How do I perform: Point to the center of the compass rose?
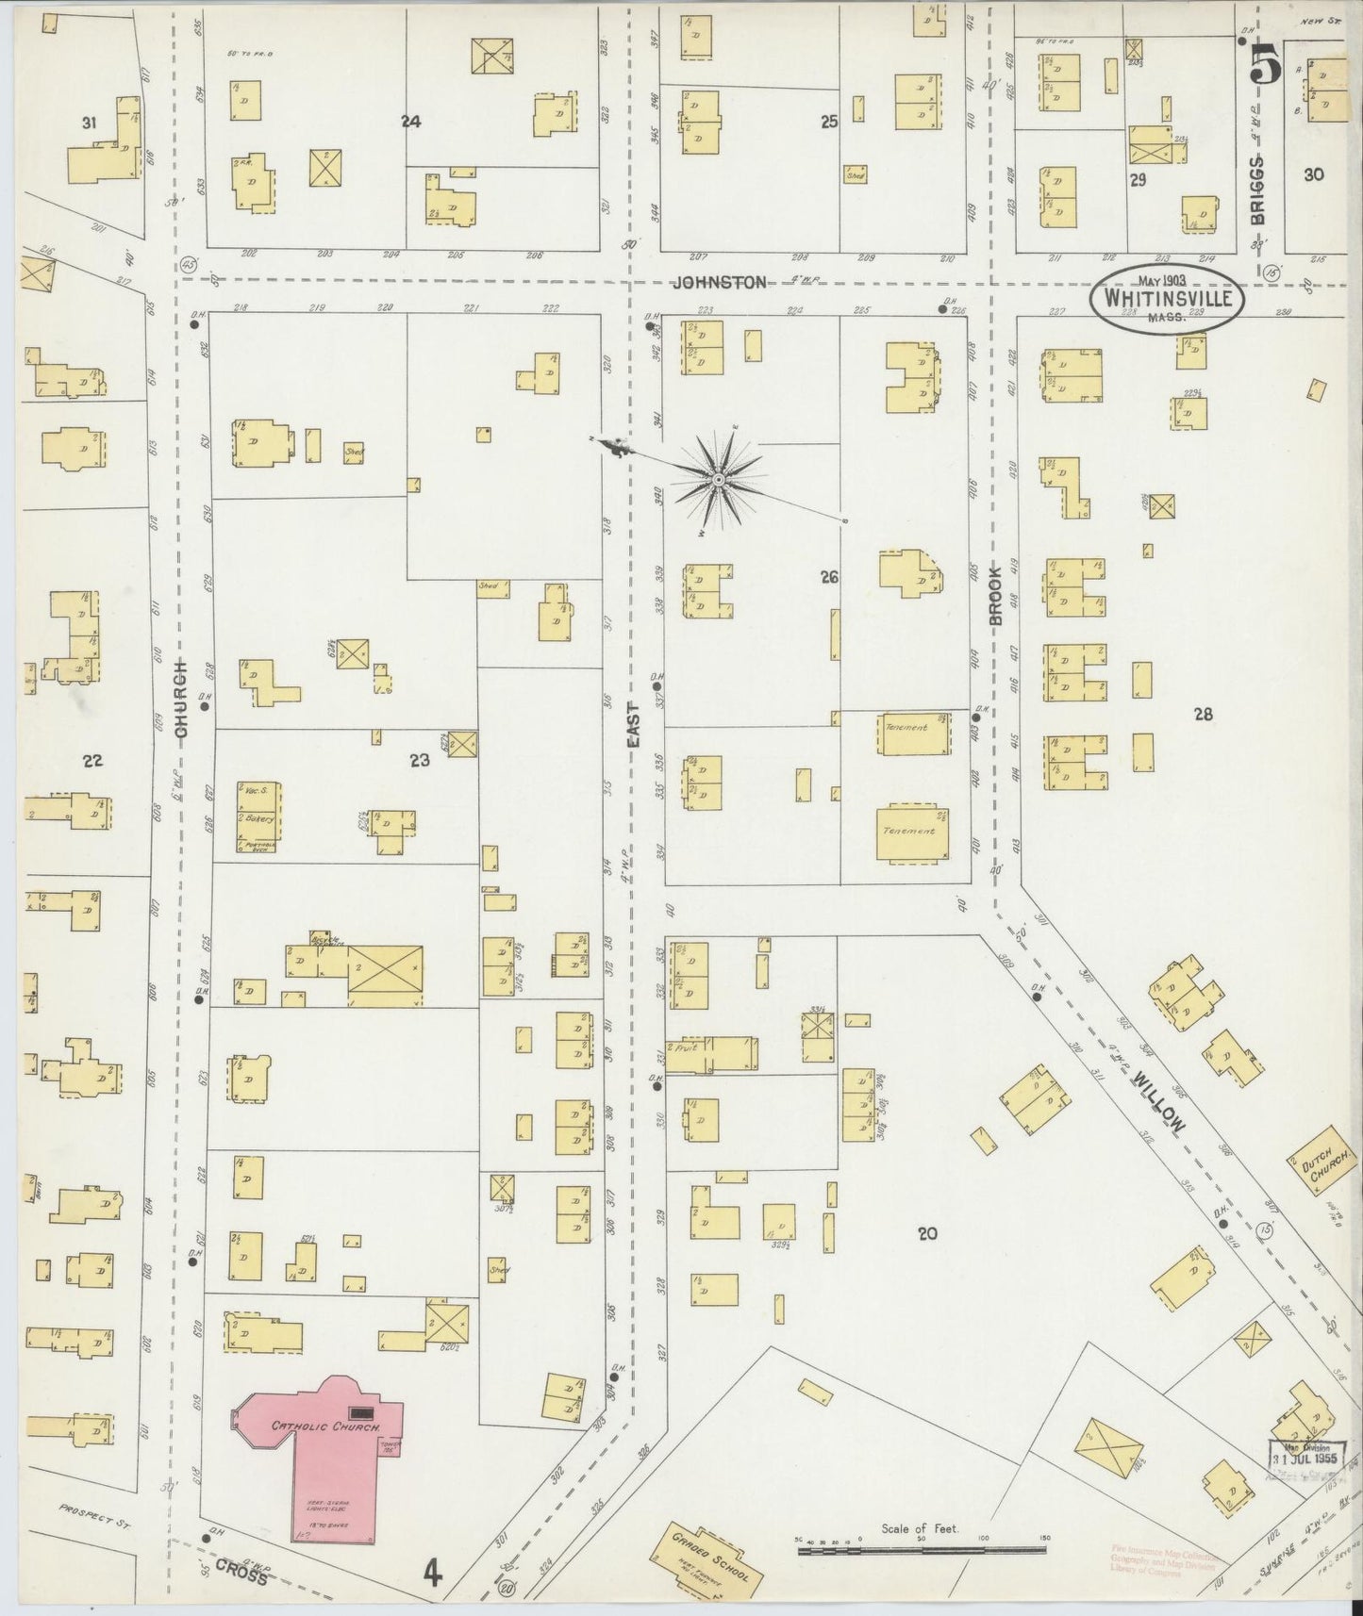[x=719, y=480]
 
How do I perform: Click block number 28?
[x=1202, y=715]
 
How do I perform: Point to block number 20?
[x=927, y=1232]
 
